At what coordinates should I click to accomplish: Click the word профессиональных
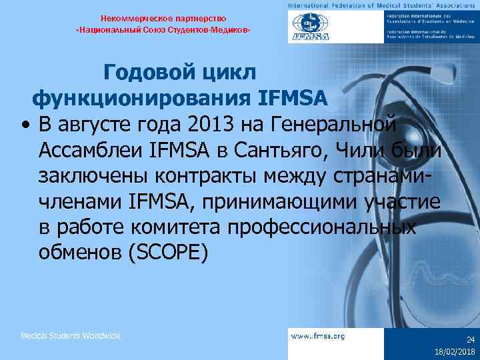click(x=322, y=227)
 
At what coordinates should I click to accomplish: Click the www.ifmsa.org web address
click(x=318, y=336)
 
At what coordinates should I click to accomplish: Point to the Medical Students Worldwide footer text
click(x=71, y=335)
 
